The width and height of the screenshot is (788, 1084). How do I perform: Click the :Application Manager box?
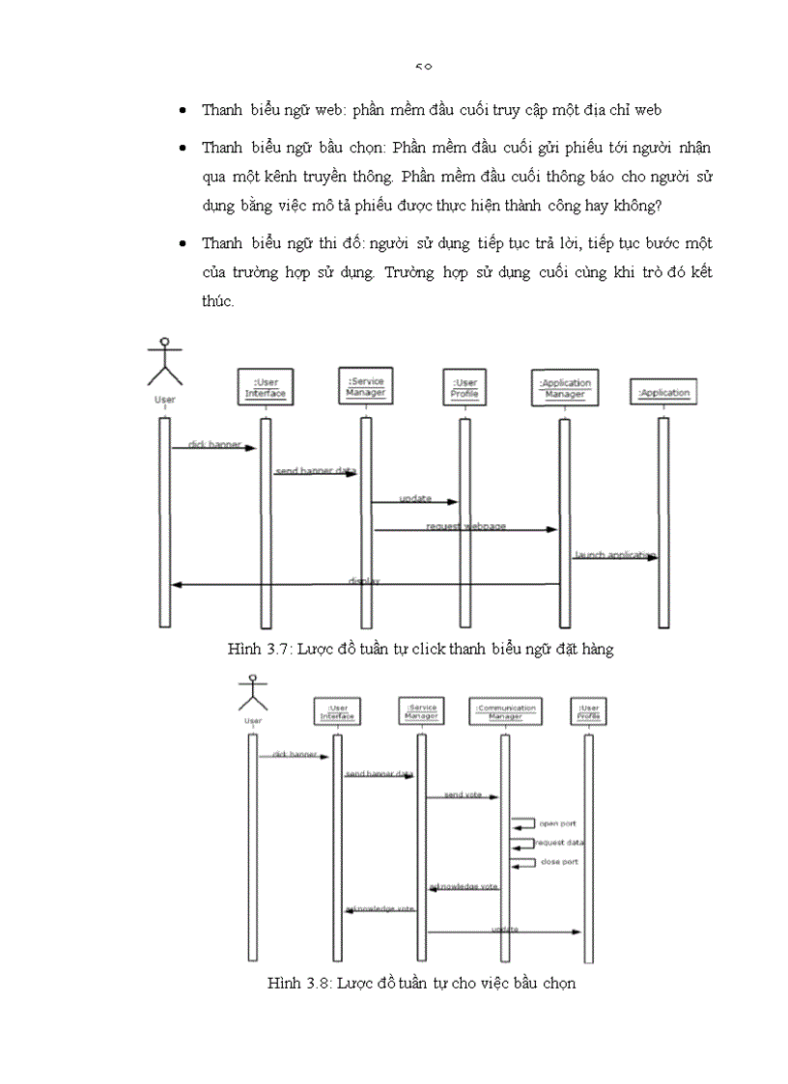[565, 388]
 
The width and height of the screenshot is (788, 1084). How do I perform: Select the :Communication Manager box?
[505, 712]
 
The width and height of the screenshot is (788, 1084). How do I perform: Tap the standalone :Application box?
[663, 393]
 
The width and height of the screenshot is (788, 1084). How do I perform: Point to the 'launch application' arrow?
[614, 557]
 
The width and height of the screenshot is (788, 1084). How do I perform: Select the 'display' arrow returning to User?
[366, 584]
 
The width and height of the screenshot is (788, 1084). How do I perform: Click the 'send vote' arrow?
[463, 796]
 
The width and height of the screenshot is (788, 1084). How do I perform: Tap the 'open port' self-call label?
[557, 823]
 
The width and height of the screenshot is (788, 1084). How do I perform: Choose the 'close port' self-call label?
[558, 861]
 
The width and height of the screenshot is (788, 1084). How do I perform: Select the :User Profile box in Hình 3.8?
[589, 712]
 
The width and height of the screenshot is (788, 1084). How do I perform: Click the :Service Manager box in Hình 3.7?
[366, 387]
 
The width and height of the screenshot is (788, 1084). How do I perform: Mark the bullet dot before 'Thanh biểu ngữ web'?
[183, 111]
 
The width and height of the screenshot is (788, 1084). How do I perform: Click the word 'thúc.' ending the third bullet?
[218, 301]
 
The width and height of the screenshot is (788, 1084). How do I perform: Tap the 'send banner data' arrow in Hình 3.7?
[315, 473]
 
